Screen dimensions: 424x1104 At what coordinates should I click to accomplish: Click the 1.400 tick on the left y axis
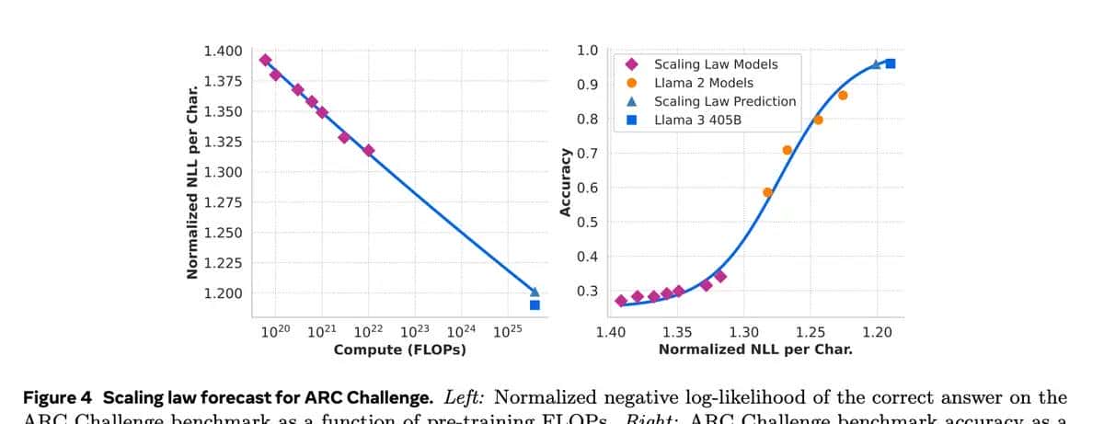point(224,51)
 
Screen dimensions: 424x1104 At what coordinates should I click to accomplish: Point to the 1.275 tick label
point(224,202)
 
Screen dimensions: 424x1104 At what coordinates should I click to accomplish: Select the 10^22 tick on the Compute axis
point(369,331)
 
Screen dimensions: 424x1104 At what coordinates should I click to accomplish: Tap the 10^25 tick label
point(508,331)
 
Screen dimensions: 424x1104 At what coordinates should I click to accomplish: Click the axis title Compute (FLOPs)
point(399,350)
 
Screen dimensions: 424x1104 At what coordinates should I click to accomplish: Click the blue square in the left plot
point(535,304)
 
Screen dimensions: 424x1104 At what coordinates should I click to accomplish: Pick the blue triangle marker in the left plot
point(535,292)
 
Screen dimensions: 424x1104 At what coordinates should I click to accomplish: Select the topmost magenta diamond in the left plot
point(265,60)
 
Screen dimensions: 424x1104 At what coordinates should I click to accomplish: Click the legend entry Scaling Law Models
point(716,64)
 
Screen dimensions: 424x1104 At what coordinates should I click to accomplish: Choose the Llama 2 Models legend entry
point(703,83)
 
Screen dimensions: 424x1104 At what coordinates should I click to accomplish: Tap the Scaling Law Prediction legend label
point(725,101)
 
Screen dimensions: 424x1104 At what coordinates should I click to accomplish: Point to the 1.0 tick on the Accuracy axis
point(588,51)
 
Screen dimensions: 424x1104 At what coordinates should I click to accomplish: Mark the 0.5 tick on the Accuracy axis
point(588,222)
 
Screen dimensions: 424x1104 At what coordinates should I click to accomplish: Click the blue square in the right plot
point(890,63)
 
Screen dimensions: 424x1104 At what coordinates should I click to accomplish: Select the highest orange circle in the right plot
point(843,96)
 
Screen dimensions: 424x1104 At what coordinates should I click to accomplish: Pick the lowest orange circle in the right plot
point(767,192)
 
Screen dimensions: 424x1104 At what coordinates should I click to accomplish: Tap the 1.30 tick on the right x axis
point(743,331)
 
